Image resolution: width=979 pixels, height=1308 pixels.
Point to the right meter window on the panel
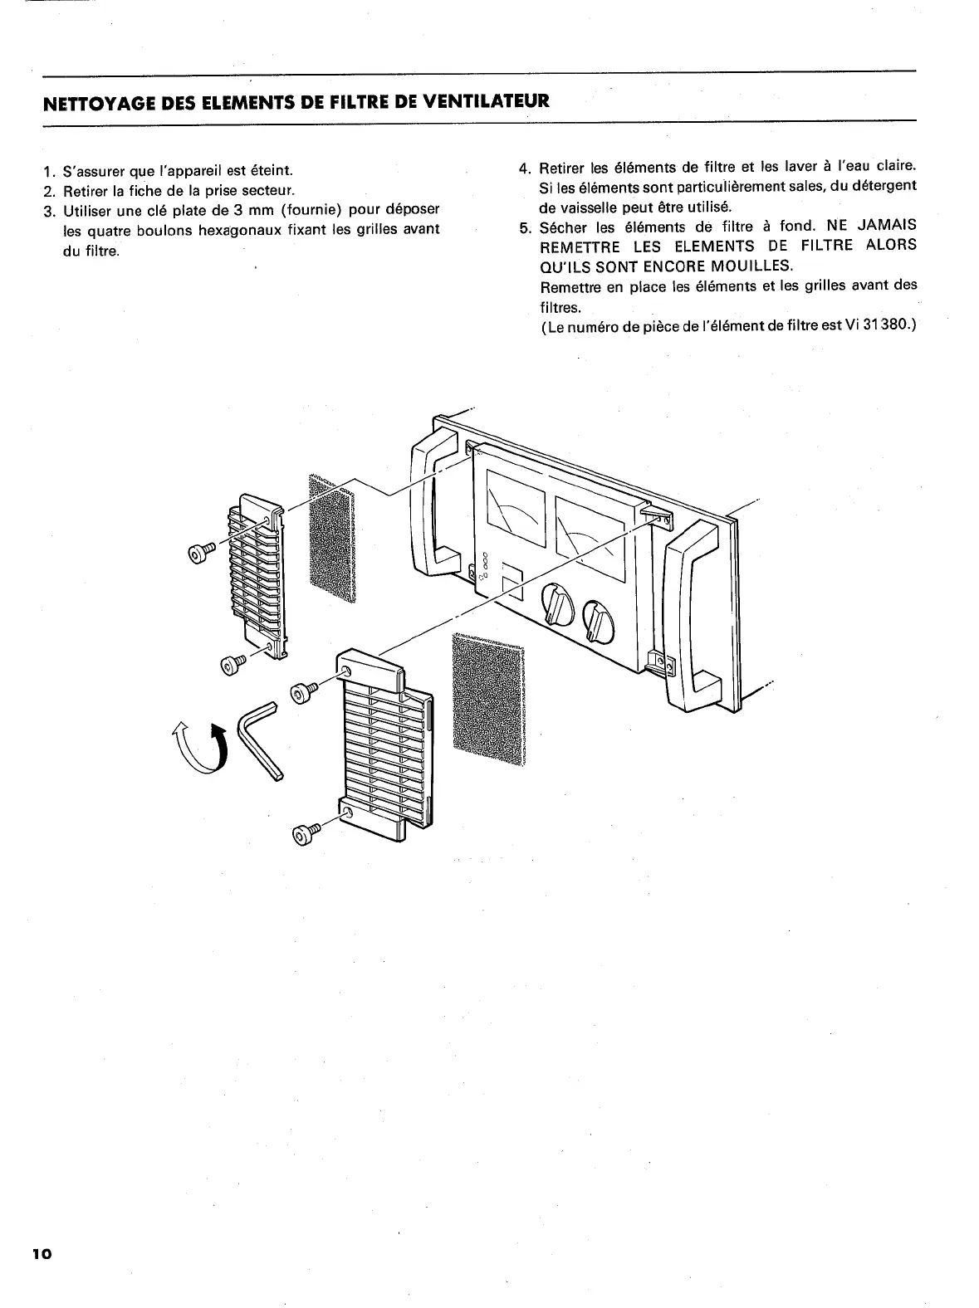[590, 536]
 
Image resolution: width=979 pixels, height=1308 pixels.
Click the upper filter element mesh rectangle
[331, 538]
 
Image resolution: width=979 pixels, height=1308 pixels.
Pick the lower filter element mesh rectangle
[489, 696]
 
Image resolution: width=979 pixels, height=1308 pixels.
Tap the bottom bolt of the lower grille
[304, 833]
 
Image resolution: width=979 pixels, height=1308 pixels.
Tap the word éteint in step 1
[267, 171]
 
